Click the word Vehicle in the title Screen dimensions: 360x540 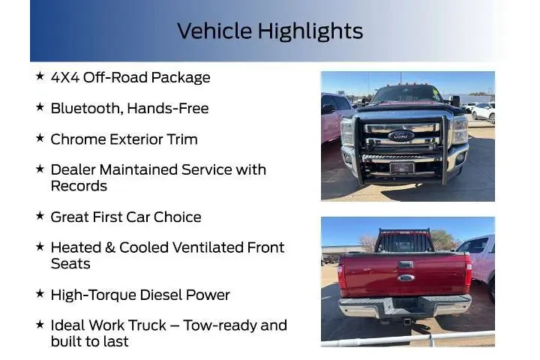point(214,31)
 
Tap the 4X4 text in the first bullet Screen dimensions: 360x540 point(64,77)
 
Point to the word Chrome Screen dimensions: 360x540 point(76,139)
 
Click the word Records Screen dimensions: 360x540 point(79,186)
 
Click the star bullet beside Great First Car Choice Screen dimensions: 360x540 point(40,216)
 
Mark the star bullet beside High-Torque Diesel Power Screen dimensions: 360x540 point(40,294)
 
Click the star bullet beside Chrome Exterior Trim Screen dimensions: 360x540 point(40,138)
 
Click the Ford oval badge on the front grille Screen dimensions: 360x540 point(401,136)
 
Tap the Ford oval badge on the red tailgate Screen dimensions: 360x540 point(406,277)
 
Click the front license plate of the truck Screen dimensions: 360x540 point(401,167)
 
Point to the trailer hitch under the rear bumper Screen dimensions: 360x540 point(406,321)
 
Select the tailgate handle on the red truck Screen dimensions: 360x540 point(406,265)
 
